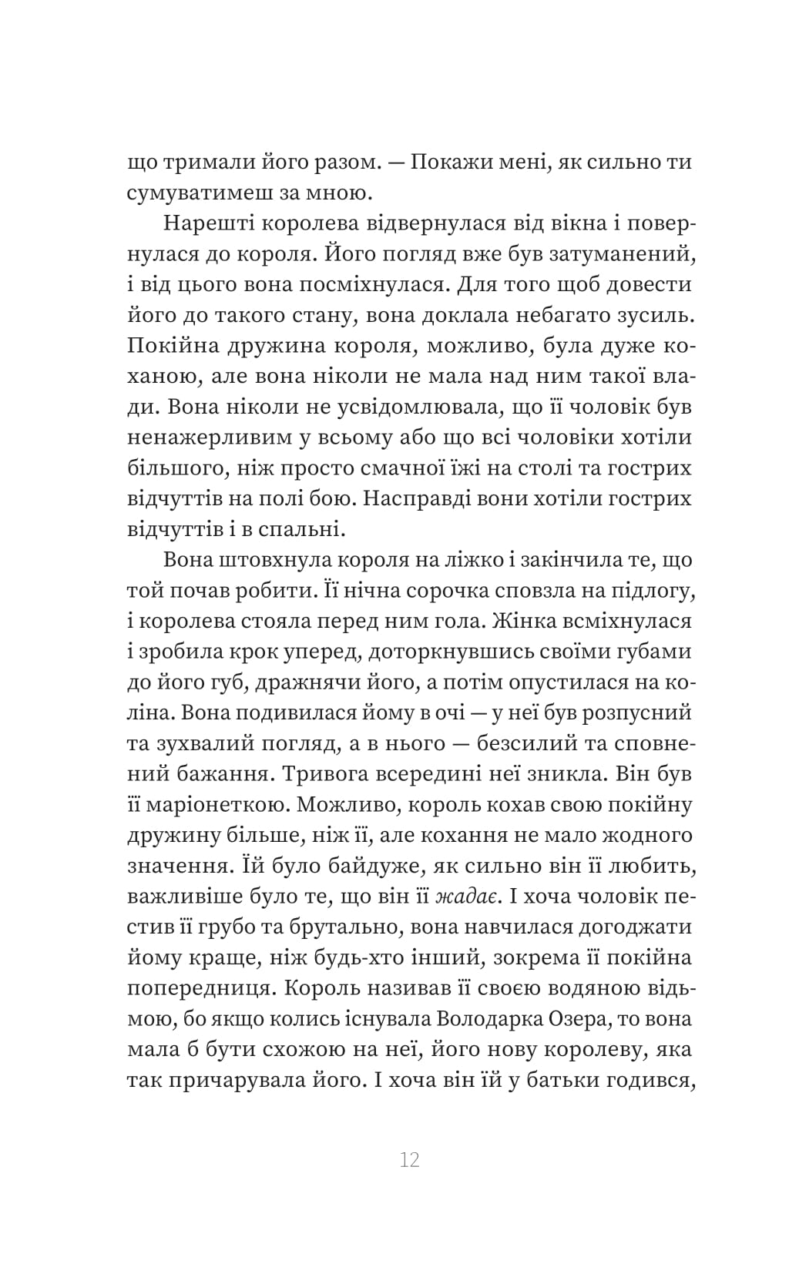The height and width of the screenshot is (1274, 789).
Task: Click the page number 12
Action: (409, 1160)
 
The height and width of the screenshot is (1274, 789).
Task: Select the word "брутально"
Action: (349, 927)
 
